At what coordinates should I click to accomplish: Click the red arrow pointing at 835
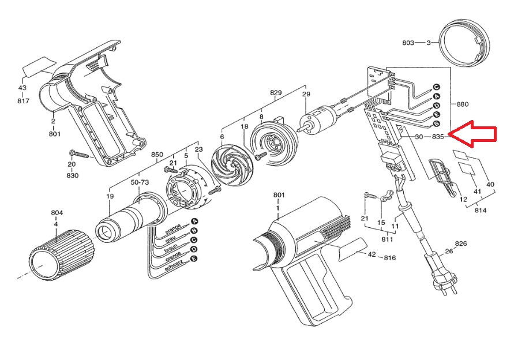(472, 134)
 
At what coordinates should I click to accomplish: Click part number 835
(438, 136)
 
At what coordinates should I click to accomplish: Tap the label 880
(462, 104)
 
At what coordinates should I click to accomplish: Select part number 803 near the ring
(408, 43)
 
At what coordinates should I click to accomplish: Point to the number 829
(276, 92)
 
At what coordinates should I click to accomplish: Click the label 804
(57, 213)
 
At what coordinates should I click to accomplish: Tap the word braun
(171, 249)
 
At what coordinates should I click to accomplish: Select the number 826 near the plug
(461, 243)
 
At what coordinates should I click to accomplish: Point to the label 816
(389, 258)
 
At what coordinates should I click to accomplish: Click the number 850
(157, 155)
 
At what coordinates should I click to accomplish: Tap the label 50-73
(140, 182)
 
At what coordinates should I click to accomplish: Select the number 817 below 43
(23, 101)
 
